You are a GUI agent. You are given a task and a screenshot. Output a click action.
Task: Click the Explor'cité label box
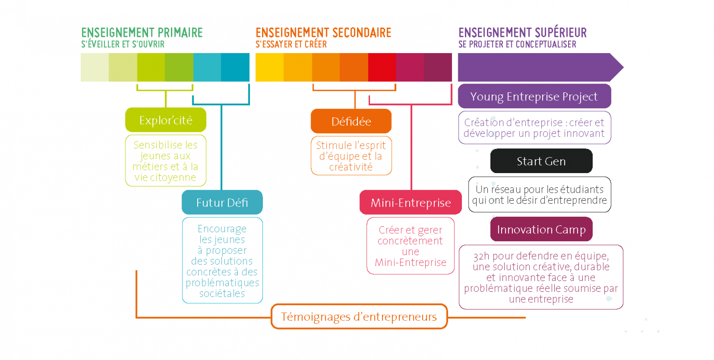tap(166, 120)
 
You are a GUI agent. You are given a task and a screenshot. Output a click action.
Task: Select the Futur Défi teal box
tap(222, 203)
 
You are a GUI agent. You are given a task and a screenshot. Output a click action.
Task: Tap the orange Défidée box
tap(351, 121)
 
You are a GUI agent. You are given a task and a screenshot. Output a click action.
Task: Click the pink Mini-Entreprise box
tap(411, 203)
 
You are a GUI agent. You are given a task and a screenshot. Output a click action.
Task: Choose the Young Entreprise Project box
tap(534, 96)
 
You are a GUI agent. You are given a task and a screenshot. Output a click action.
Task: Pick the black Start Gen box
tap(541, 161)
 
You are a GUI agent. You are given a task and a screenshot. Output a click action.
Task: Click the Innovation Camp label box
tap(541, 229)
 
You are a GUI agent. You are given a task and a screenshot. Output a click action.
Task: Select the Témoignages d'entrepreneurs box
tap(359, 316)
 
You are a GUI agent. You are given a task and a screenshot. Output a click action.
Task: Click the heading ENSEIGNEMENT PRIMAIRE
tap(142, 33)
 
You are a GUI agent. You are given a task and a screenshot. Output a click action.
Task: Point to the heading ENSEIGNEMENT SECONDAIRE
tap(323, 33)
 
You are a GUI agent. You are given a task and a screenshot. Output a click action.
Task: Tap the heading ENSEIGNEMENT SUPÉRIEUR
tap(523, 33)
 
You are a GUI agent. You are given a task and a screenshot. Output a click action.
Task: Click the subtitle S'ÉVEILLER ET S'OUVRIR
tap(123, 44)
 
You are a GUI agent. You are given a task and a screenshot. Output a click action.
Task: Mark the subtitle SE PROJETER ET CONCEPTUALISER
tap(517, 44)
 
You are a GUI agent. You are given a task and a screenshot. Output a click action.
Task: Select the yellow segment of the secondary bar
tap(270, 67)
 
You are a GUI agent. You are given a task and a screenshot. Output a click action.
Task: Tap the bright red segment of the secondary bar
tap(382, 67)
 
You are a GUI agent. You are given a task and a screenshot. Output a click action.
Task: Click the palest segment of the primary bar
tap(95, 67)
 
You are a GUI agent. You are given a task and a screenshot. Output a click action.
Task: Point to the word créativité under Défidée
tap(351, 167)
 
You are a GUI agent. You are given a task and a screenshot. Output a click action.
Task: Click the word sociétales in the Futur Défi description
tap(222, 294)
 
